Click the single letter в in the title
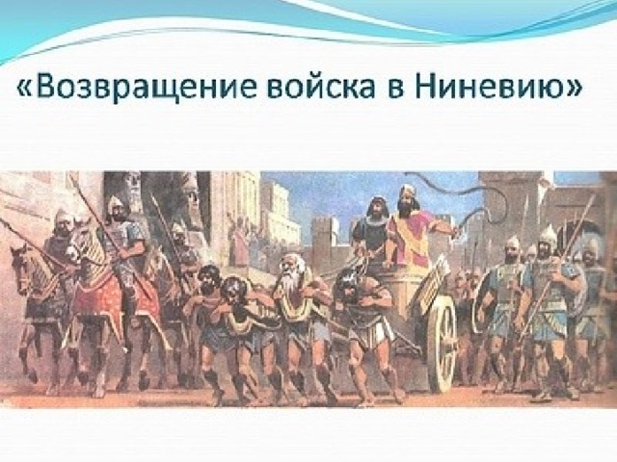pyautogui.click(x=395, y=90)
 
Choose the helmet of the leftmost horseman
pyautogui.click(x=62, y=217)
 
